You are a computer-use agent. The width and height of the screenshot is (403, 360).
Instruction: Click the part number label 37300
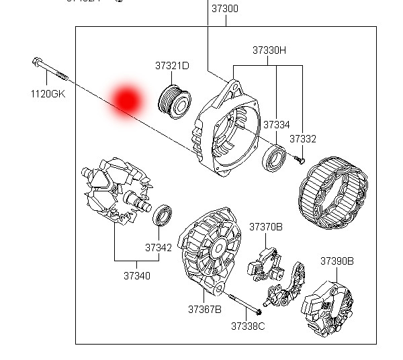(225, 9)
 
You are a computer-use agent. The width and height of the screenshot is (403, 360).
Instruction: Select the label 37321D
(172, 66)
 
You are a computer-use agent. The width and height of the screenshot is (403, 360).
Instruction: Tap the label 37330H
(269, 50)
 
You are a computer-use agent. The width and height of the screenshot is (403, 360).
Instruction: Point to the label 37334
(276, 125)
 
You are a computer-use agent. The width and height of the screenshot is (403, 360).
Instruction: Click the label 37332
(302, 138)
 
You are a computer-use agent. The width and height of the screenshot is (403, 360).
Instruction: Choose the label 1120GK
(48, 94)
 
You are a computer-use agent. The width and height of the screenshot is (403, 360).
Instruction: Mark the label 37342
(159, 247)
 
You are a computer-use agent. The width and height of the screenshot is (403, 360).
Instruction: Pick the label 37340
(136, 275)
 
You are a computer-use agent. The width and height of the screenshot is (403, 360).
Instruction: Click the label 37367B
(204, 310)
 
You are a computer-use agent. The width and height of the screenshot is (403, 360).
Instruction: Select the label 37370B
(266, 227)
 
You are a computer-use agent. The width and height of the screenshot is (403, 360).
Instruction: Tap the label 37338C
(248, 326)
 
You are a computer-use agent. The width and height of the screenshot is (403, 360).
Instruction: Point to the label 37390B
(337, 261)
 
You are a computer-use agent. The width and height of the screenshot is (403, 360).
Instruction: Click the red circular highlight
(126, 99)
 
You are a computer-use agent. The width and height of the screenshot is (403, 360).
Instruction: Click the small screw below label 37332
(299, 159)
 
